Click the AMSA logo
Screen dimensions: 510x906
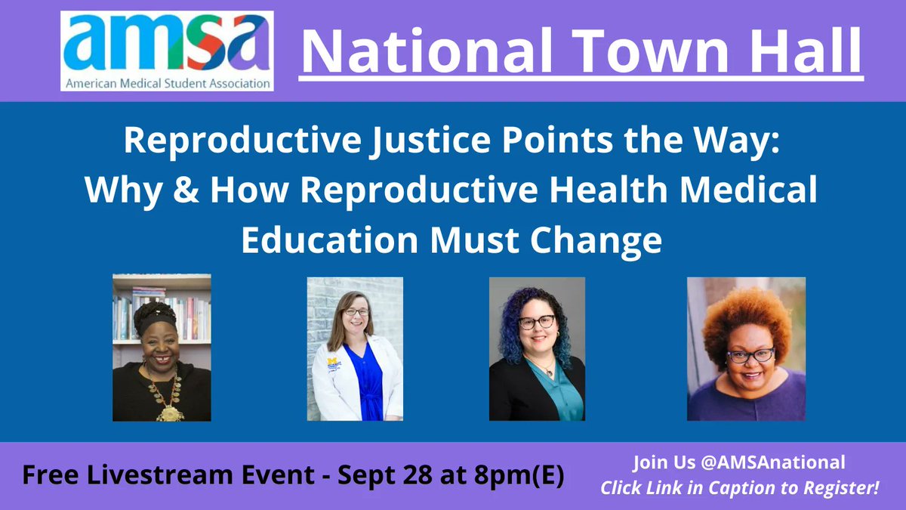(167, 51)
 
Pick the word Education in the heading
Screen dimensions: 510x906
(327, 240)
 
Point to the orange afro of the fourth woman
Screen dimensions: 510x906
(746, 317)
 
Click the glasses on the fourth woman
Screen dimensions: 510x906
(750, 354)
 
